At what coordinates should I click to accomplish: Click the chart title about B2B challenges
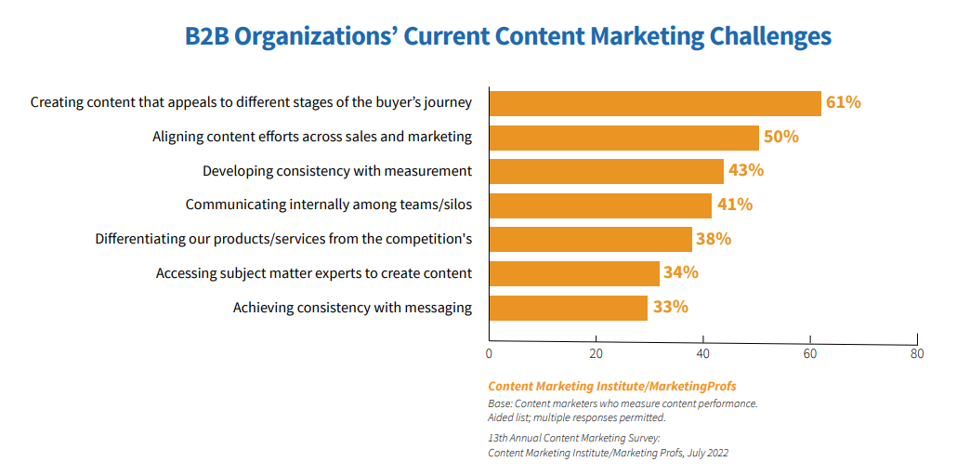pos(507,36)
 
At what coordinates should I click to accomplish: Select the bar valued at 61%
pos(655,102)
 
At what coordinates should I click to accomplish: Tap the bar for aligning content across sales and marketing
pos(624,137)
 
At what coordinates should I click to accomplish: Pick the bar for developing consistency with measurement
pos(606,171)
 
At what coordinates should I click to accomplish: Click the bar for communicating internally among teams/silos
pos(600,205)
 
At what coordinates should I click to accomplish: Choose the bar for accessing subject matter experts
pos(574,273)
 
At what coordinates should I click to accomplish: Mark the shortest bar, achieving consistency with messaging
pos(569,308)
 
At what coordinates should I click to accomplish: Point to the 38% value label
pos(713,239)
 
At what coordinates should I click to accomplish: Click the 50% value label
pos(780,137)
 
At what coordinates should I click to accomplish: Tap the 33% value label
pos(670,307)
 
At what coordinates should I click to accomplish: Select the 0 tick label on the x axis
pos(489,353)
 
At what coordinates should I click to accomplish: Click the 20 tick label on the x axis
pos(596,353)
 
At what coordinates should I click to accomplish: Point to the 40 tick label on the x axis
pos(703,353)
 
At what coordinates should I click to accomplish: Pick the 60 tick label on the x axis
pos(810,353)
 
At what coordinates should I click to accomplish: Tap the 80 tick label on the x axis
pos(917,353)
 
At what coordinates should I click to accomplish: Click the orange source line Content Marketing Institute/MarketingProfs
pos(611,386)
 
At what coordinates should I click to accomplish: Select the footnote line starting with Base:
pos(623,403)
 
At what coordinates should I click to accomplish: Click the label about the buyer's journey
pos(251,102)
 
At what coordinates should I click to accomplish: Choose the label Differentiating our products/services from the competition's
pos(283,239)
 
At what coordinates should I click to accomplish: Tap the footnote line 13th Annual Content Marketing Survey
pos(574,437)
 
